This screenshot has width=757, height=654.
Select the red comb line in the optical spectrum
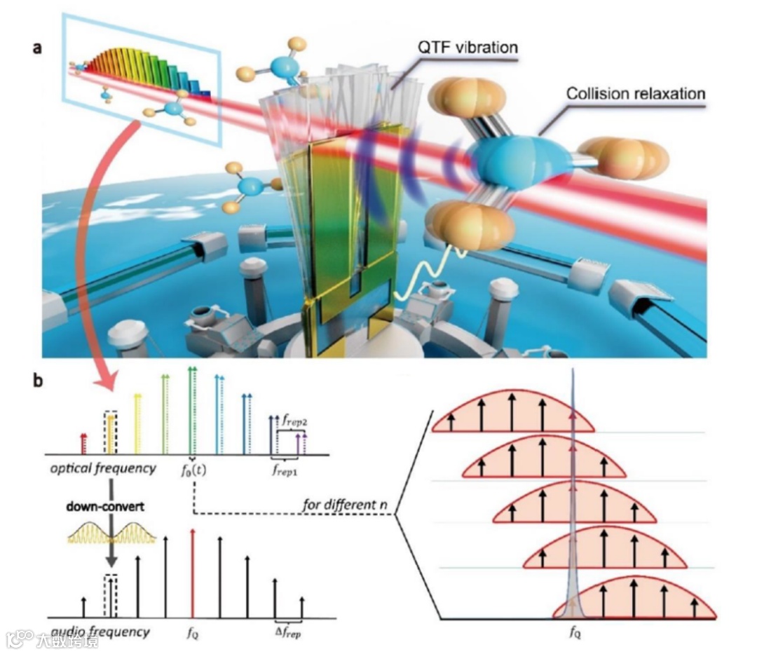(84, 444)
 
